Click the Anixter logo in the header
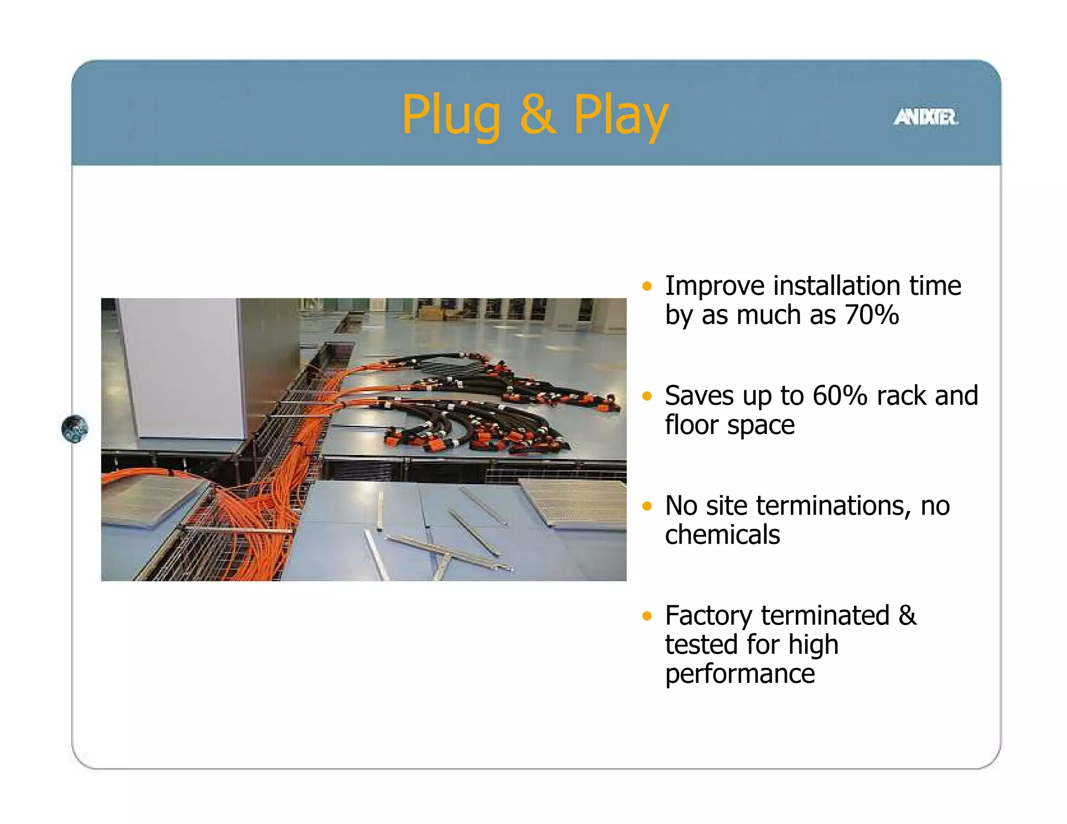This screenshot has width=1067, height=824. point(926,117)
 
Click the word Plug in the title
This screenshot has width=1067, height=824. point(451,116)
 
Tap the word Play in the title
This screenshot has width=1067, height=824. point(620,116)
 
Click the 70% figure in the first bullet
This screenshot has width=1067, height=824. point(872,315)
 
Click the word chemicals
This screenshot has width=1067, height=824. point(722,535)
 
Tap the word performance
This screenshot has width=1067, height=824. point(740,674)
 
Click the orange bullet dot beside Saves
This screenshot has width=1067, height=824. point(647,396)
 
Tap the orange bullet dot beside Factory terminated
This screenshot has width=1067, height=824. point(647,616)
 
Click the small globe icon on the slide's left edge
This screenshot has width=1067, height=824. point(75,429)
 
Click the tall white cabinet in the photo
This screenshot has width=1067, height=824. point(180,367)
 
